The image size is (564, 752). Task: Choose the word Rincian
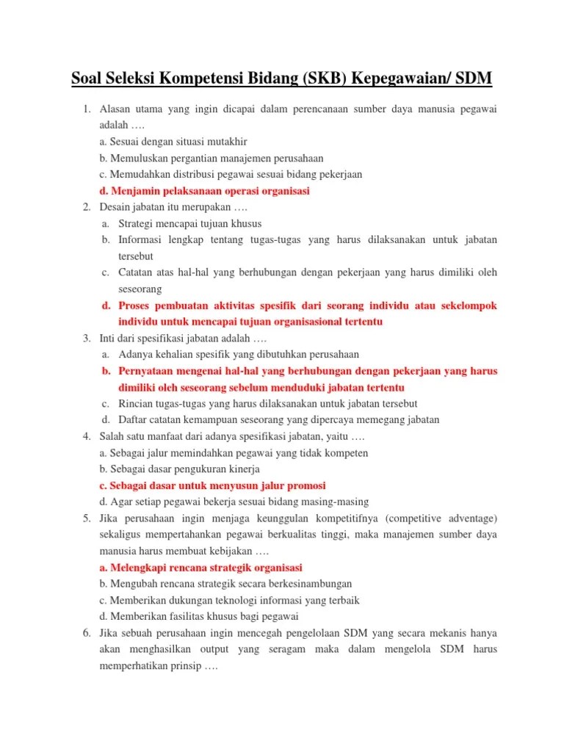[x=136, y=404]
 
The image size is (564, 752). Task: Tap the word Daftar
[x=134, y=420]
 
